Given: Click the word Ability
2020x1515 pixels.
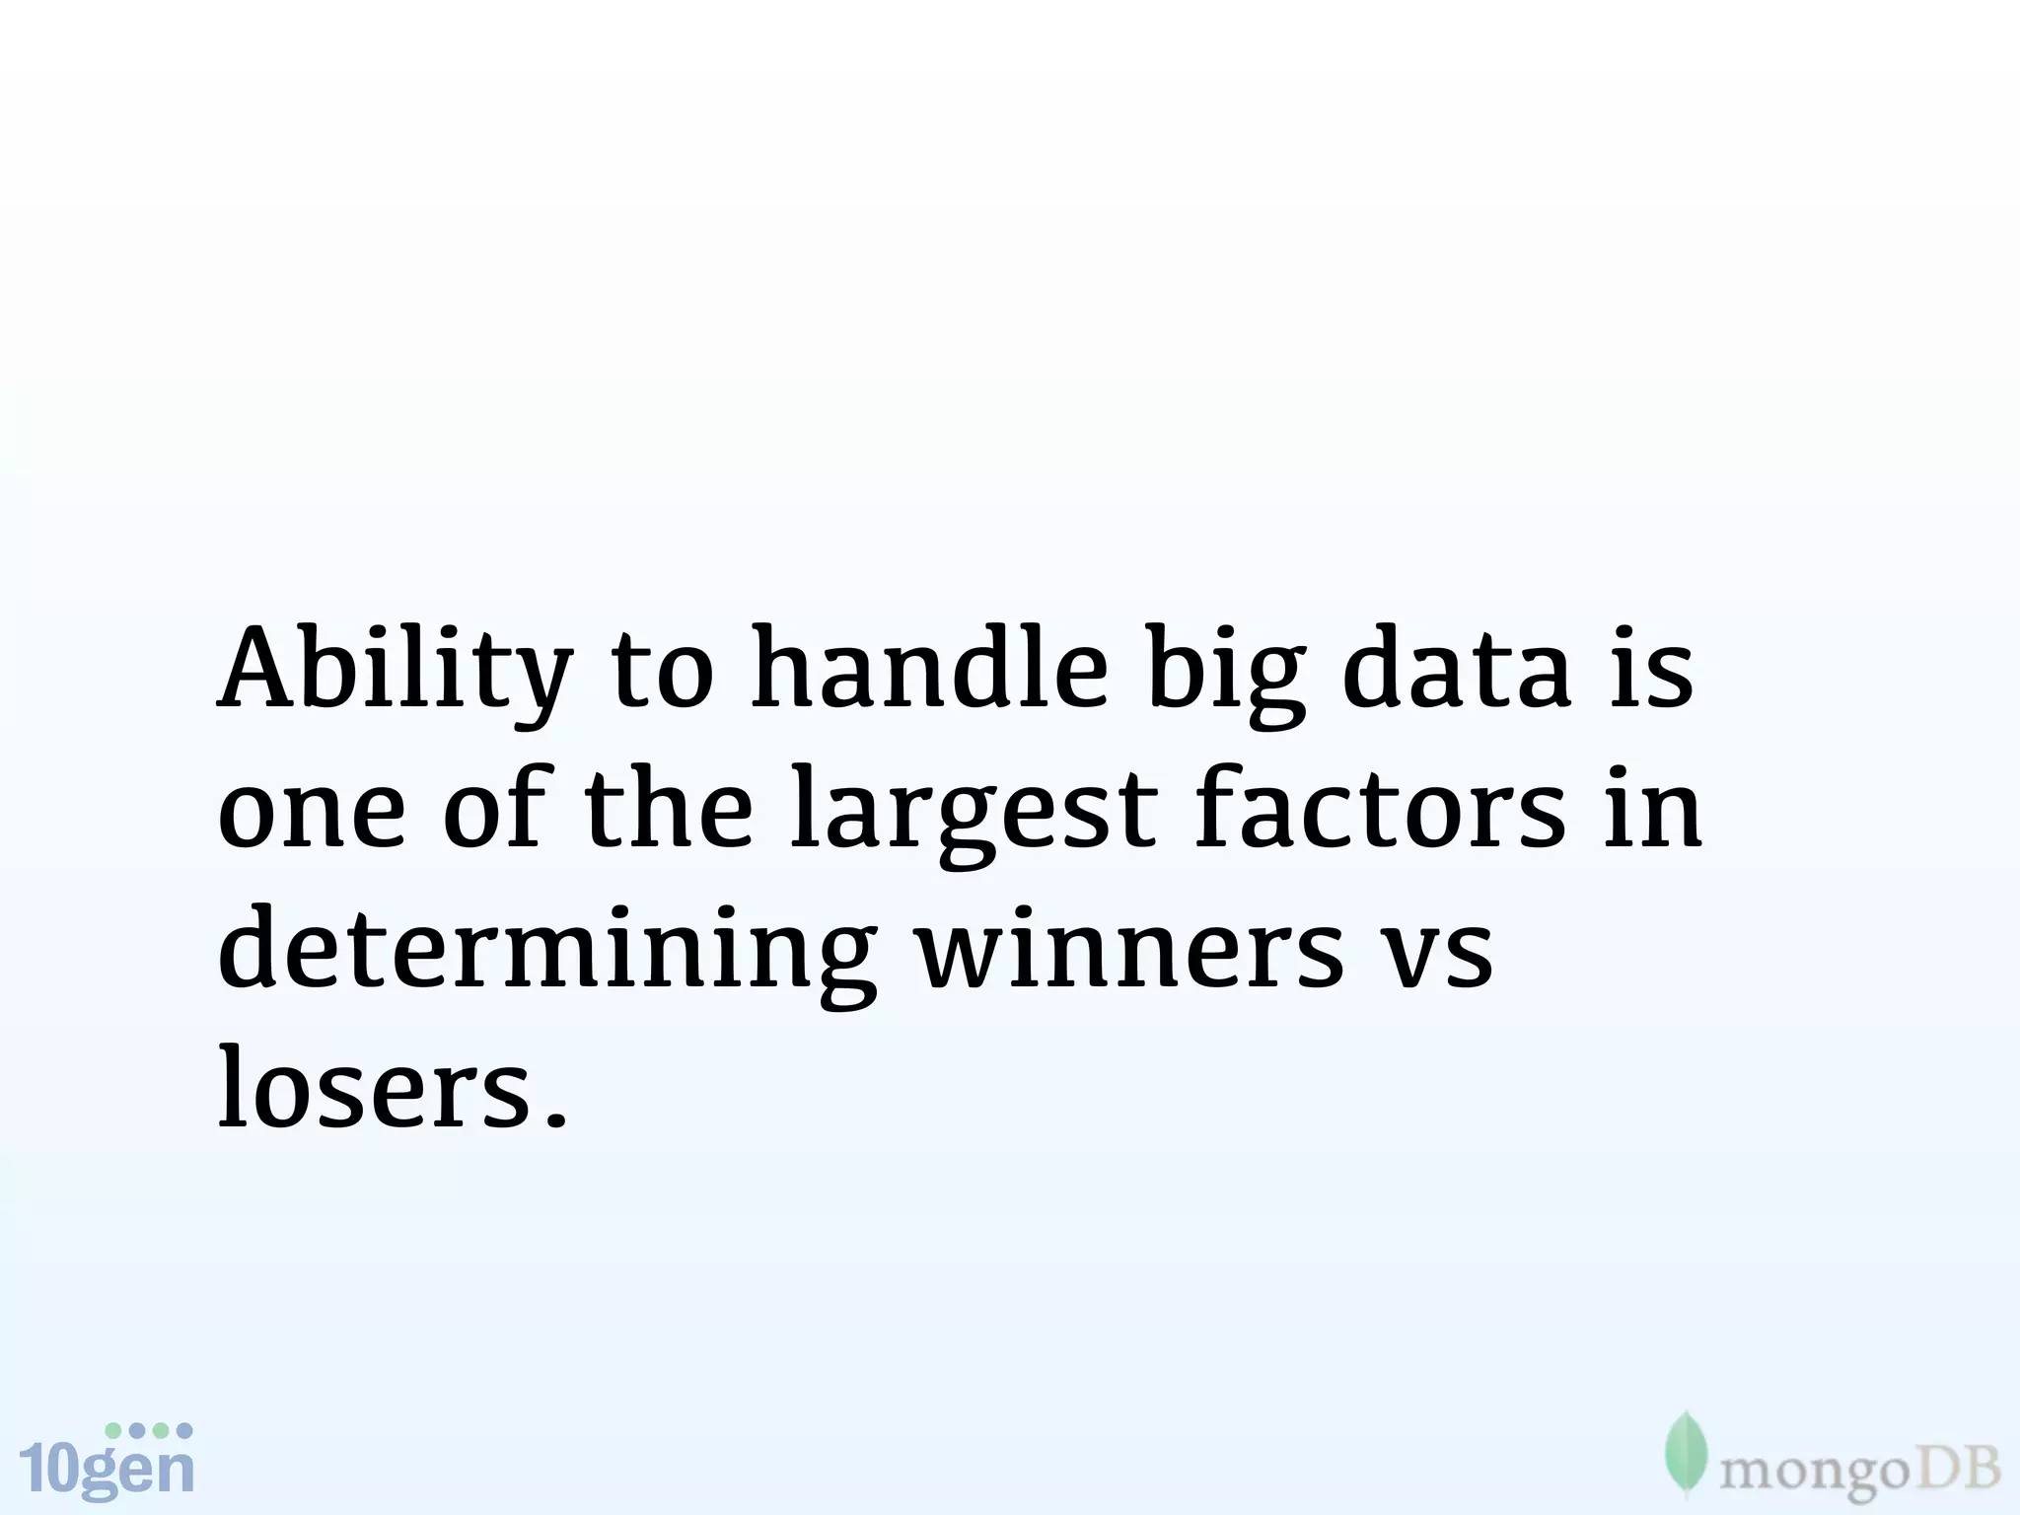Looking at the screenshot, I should [395, 671].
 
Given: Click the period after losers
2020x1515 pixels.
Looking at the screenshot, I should [556, 1119].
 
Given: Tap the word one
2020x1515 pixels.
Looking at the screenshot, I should [311, 814].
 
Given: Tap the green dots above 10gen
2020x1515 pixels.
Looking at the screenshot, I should [148, 1430].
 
